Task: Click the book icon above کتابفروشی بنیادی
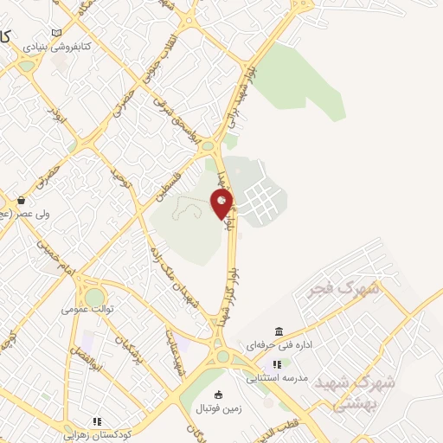(57, 33)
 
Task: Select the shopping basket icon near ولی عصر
(20, 200)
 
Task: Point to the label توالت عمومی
(85, 308)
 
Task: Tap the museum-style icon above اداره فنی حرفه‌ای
(278, 331)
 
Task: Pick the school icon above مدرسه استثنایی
(278, 364)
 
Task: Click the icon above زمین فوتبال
(216, 394)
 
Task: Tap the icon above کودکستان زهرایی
(98, 421)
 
